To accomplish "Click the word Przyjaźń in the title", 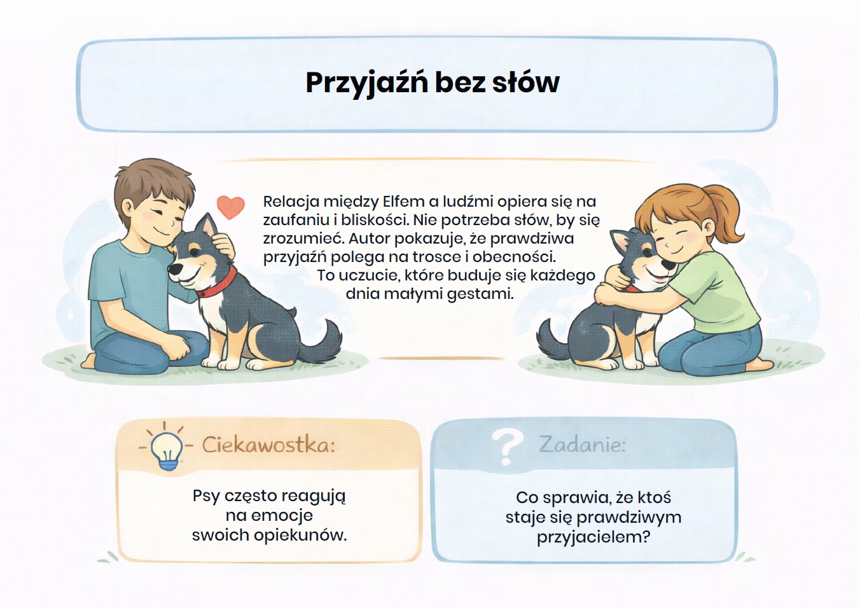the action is (x=366, y=83).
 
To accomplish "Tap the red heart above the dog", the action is (x=230, y=207).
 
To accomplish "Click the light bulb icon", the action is (x=166, y=450).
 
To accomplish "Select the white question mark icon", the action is (x=506, y=446).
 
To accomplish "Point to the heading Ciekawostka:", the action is (x=268, y=445).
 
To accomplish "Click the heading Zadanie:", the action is (x=582, y=444).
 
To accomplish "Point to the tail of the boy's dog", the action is (x=322, y=342).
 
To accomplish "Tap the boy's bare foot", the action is (x=89, y=362).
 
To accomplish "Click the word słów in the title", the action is (x=526, y=83).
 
